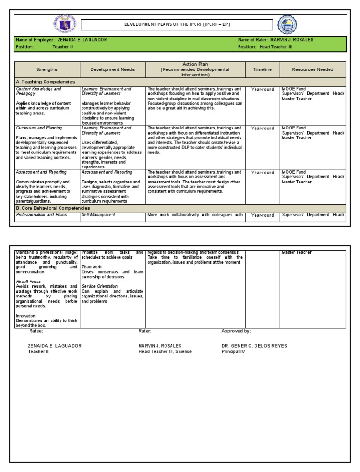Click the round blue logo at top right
point(286,25)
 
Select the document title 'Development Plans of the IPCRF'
point(177,24)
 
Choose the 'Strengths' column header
point(47,69)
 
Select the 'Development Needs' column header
point(112,69)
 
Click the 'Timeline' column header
point(262,69)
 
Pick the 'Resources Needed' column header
point(313,69)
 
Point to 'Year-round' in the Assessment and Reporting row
point(262,173)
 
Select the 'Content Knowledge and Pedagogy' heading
point(38,91)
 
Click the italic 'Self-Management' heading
point(98,215)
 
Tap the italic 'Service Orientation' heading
point(100,286)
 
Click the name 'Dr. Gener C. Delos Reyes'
point(254,346)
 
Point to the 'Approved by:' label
point(236,331)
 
